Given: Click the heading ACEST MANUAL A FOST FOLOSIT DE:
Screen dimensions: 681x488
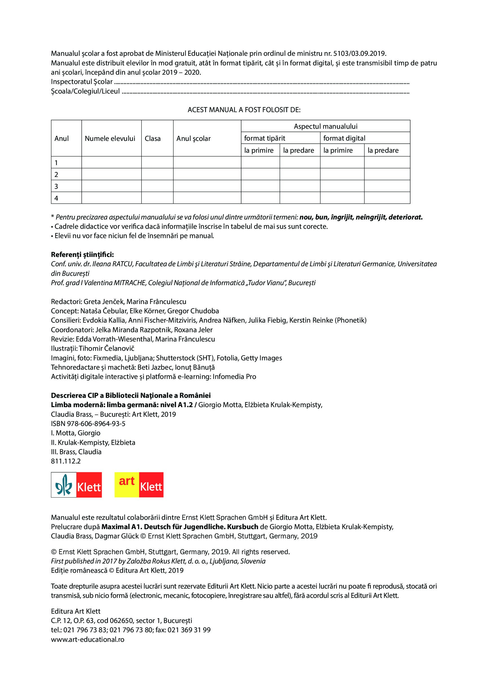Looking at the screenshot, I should tap(244, 110).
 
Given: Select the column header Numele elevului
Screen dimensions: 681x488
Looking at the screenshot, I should tap(110, 138).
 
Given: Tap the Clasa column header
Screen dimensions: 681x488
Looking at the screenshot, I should tap(152, 138).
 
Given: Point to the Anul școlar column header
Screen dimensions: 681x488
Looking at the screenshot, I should tap(193, 138).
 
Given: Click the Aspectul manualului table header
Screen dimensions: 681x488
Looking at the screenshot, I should tap(325, 127).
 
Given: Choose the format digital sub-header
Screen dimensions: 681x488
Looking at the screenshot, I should tap(344, 138).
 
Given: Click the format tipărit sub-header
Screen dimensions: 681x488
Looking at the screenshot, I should tap(265, 138).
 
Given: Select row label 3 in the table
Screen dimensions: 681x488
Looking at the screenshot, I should tap(56, 187).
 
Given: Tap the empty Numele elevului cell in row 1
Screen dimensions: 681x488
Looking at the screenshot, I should tap(111, 163).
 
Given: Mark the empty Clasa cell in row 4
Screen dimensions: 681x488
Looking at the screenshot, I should tap(158, 198).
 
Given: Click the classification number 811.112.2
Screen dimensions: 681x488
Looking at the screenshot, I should tap(66, 461).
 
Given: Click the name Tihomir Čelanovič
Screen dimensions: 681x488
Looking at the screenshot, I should tap(106, 349).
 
